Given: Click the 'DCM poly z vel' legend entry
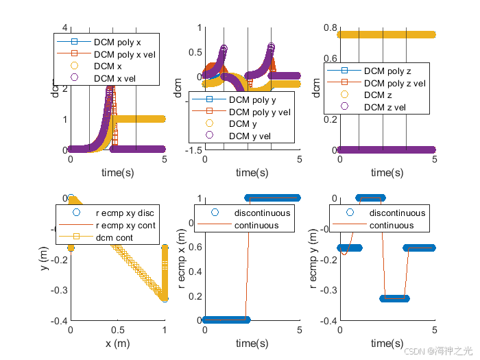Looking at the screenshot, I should coord(394,82).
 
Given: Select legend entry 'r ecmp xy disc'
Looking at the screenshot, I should coord(125,213).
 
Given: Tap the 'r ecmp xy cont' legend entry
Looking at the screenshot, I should coord(125,225).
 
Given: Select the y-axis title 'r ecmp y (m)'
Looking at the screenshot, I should coord(315,259).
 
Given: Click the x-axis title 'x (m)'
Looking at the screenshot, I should coord(118,343).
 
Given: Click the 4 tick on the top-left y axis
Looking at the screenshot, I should coord(65,28).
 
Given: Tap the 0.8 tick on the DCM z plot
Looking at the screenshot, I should coord(329,28).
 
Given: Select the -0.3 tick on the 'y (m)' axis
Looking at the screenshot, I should coord(59,289).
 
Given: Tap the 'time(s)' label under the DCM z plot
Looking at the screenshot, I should coord(387,172).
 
